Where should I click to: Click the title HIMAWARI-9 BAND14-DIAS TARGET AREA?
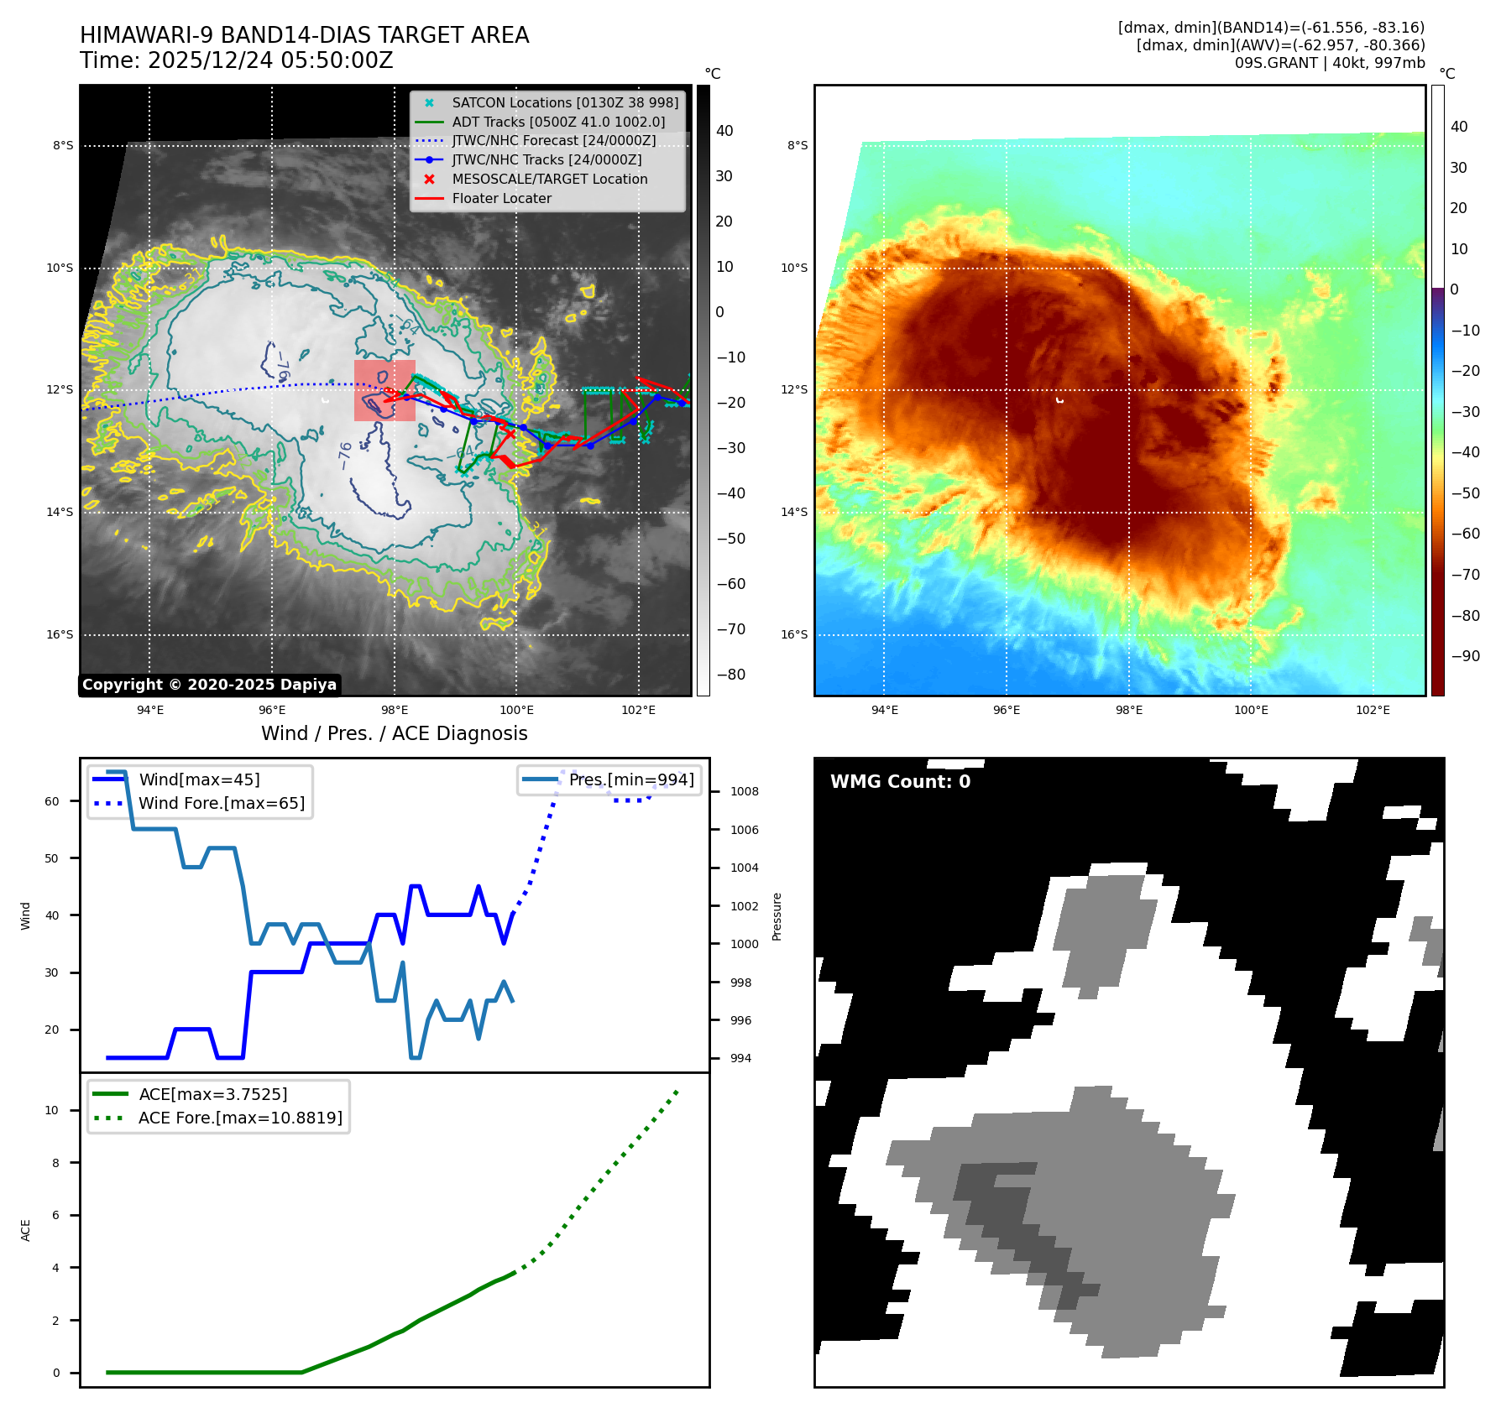coord(304,35)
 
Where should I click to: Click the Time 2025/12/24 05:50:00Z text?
coord(236,60)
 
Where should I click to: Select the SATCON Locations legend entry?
coord(564,102)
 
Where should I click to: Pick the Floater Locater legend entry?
coord(501,198)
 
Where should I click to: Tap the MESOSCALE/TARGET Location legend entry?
coord(549,179)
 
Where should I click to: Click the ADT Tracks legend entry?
coord(557,122)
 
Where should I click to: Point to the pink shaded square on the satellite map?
coord(384,390)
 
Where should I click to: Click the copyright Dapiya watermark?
coord(209,685)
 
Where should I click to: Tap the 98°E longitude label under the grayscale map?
coord(394,710)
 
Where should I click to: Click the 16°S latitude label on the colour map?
coord(794,634)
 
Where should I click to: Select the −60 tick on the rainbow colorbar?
coord(1466,534)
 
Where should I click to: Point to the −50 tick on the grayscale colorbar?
coord(730,539)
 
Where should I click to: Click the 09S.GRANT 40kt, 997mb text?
coord(1329,63)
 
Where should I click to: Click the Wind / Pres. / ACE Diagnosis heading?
coord(394,733)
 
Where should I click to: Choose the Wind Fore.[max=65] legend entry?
coord(222,803)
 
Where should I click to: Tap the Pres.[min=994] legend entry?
coord(630,779)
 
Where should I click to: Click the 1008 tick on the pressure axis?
coord(744,791)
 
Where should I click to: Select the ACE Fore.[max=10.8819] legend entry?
coord(240,1118)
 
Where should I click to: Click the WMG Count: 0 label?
coord(900,781)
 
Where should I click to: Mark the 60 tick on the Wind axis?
coord(52,801)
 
